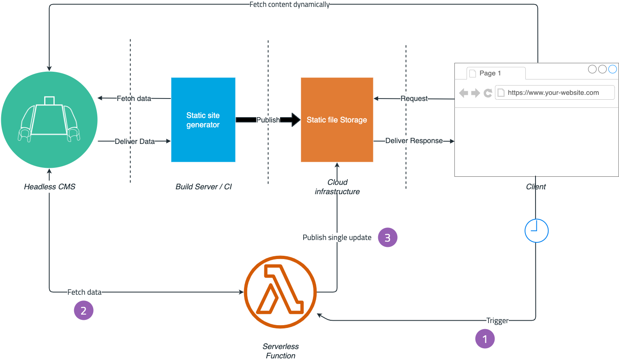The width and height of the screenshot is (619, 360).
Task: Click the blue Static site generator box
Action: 203,120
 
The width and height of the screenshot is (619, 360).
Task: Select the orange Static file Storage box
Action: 337,120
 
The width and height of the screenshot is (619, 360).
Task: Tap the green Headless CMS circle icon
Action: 49,120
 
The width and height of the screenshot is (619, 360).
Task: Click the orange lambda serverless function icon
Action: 280,292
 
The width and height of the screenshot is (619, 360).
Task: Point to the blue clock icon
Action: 536,231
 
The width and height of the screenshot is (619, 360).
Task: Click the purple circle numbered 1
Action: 485,339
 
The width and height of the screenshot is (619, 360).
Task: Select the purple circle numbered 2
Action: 84,311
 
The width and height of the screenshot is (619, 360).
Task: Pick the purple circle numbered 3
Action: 388,238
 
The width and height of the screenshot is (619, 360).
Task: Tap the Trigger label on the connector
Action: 497,321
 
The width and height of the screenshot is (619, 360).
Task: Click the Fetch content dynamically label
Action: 289,4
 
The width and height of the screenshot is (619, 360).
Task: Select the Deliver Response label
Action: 414,141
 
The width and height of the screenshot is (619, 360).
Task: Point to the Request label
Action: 414,99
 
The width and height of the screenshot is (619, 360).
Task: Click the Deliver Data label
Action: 135,141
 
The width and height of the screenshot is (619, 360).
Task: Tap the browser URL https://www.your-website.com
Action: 553,92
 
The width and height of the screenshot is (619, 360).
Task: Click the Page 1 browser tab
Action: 490,73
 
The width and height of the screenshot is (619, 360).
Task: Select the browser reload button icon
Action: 488,93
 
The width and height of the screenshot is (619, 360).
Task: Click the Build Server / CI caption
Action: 203,186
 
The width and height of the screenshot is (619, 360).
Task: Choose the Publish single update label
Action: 337,238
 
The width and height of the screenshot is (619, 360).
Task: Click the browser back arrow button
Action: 464,93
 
